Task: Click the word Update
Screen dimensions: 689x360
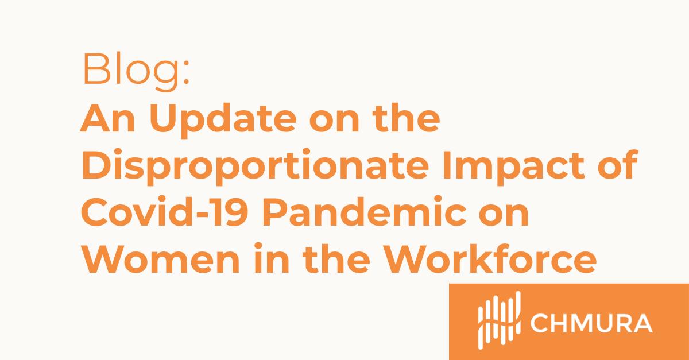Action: pyautogui.click(x=223, y=121)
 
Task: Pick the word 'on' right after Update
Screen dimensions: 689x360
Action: pyautogui.click(x=334, y=122)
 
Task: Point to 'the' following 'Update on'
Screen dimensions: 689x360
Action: pyautogui.click(x=406, y=118)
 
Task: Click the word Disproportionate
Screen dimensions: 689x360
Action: pyautogui.click(x=256, y=167)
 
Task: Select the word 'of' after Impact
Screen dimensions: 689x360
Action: pyautogui.click(x=618, y=165)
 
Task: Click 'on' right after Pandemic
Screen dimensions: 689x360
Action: pyautogui.click(x=504, y=216)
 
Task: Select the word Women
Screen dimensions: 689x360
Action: pyautogui.click(x=160, y=259)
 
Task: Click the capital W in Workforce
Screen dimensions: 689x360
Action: pyautogui.click(x=410, y=259)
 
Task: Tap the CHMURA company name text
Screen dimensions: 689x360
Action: pyautogui.click(x=591, y=323)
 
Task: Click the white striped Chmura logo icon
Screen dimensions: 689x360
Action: pyautogui.click(x=499, y=320)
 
